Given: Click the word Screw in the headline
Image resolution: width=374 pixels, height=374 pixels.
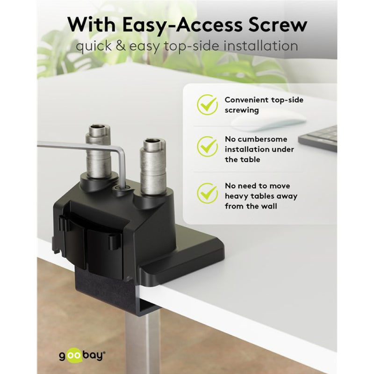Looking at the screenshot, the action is coord(277,25).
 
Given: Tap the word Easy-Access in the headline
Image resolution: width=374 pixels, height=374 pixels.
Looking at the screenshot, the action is coord(182,25).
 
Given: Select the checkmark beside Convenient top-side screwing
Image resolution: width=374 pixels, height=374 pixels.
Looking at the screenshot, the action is coord(207,104).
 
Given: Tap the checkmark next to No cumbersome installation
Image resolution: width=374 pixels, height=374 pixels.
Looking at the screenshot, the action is coord(207,146).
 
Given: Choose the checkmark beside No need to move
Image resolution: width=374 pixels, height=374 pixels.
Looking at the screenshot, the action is coord(207,193).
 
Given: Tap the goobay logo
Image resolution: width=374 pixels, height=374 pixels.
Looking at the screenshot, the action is coord(82,355).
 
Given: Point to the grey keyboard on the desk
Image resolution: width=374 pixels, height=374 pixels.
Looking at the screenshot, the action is coord(318,139).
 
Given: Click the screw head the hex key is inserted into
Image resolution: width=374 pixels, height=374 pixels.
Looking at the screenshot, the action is coord(122,188).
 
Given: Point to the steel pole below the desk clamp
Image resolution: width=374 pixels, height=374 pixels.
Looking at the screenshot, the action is coord(143,344).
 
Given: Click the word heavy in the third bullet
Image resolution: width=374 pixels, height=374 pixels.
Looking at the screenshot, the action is coord(237,196).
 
